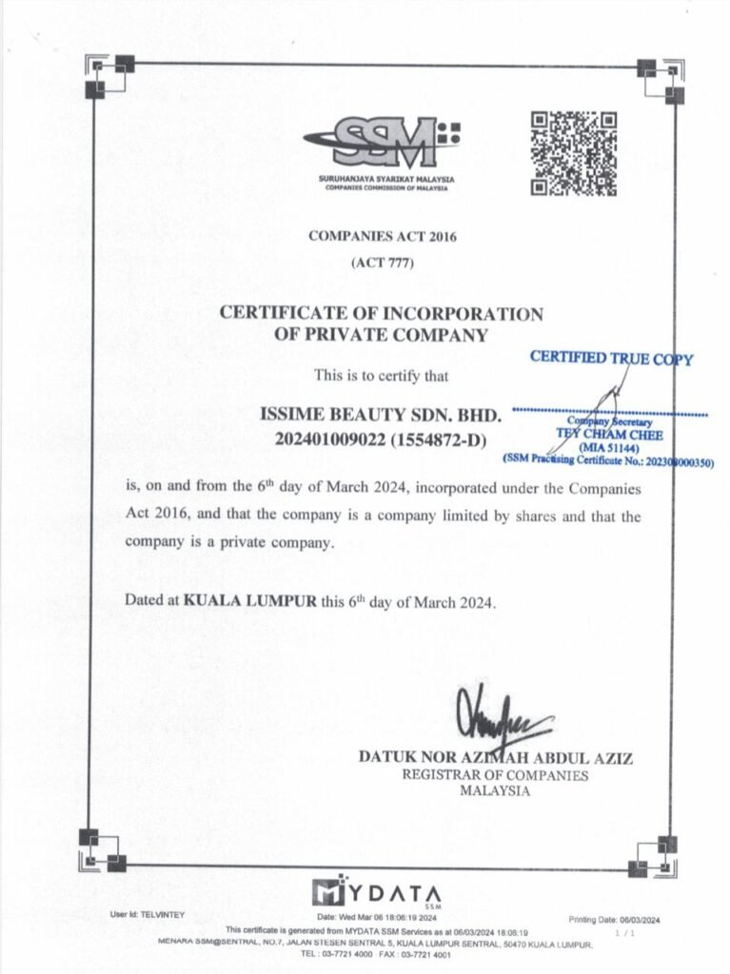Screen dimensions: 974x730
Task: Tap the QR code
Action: point(573,153)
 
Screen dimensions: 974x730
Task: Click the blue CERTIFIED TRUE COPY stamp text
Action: point(611,359)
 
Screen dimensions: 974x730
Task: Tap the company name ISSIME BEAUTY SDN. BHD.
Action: point(381,416)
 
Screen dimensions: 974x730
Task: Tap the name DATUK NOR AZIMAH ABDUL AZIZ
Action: point(495,758)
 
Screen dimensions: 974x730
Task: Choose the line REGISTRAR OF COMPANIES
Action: point(495,775)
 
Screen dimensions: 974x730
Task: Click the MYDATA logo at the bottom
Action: point(377,894)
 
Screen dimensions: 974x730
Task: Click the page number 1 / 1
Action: point(624,934)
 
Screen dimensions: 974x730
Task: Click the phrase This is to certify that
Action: point(381,375)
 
